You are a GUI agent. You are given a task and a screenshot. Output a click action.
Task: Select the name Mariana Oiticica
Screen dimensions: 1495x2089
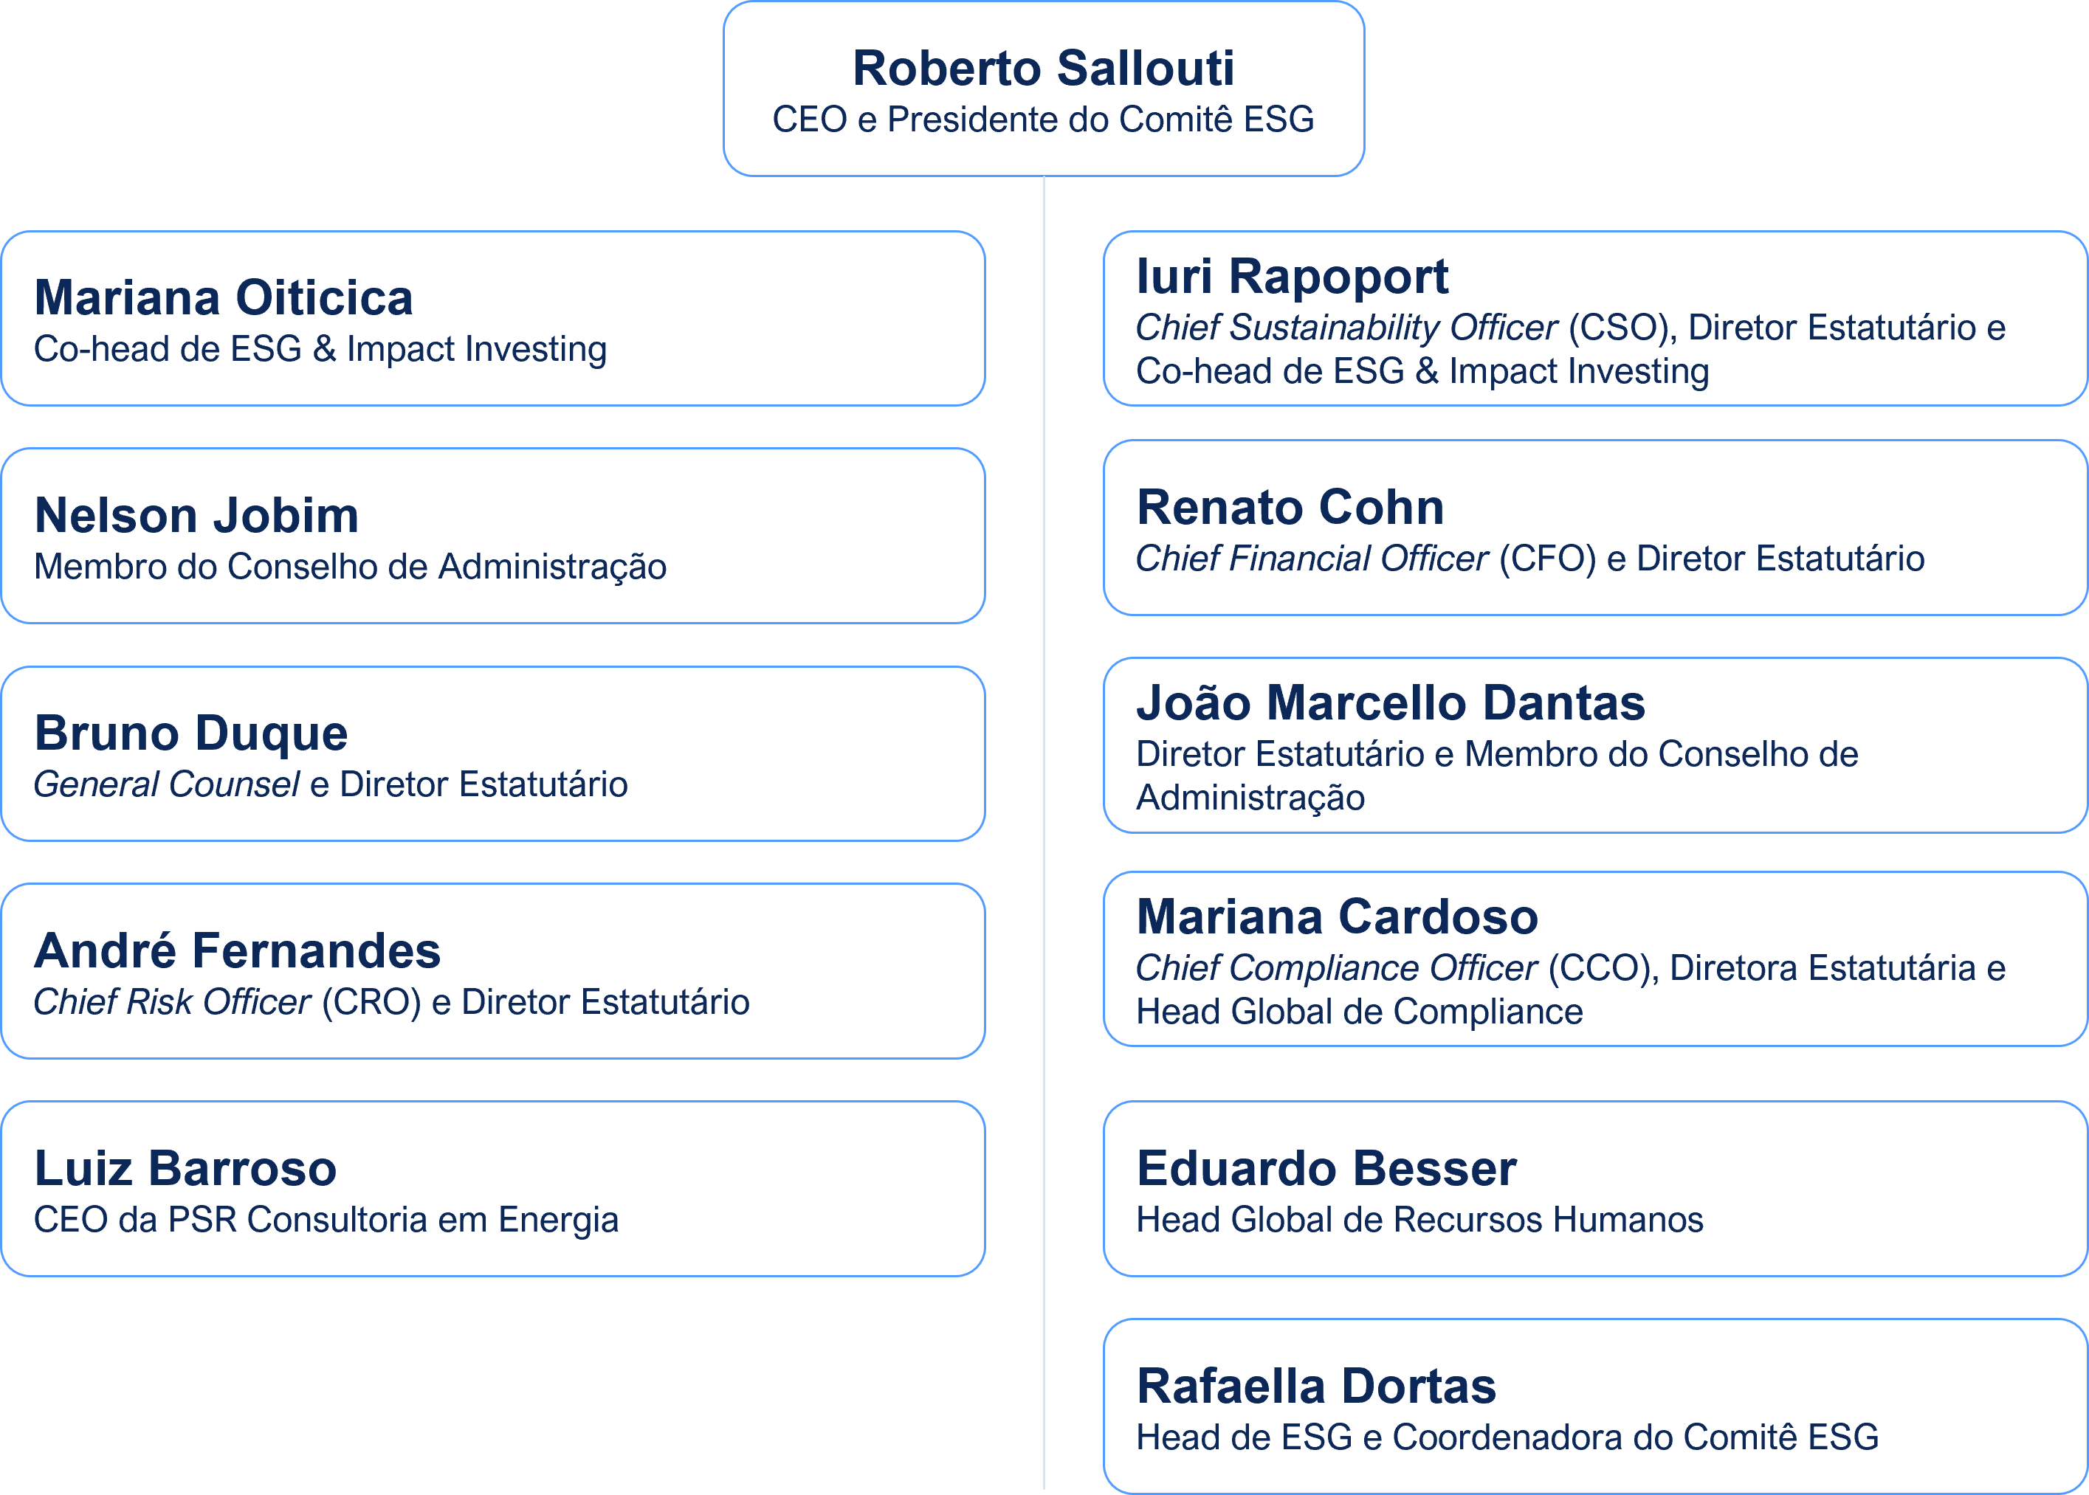click(x=224, y=297)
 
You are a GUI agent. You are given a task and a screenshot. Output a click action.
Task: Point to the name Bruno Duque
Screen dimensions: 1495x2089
click(x=190, y=733)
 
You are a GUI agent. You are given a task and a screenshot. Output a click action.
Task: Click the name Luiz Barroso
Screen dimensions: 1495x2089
click(x=185, y=1168)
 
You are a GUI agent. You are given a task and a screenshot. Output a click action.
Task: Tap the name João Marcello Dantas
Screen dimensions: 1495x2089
click(x=1390, y=702)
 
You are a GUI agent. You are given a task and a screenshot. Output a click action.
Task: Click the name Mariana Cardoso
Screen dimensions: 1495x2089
click(x=1337, y=917)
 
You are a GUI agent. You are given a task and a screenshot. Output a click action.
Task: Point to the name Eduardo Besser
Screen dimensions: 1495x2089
click(x=1326, y=1168)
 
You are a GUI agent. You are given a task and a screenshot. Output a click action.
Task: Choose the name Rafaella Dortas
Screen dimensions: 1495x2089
click(x=1315, y=1386)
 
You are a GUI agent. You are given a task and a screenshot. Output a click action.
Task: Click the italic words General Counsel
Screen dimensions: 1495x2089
click(x=167, y=784)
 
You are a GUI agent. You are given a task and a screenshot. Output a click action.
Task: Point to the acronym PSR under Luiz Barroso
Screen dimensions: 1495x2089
click(x=201, y=1220)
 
